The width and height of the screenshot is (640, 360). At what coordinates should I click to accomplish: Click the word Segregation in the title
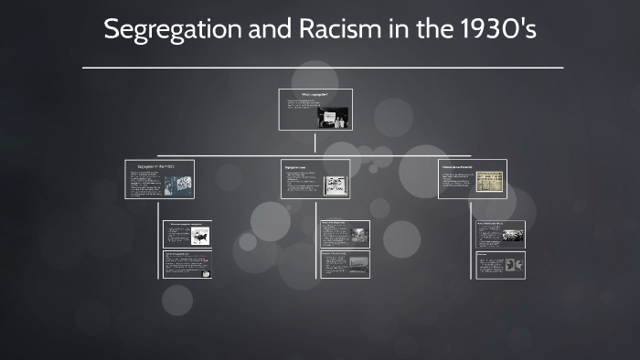[173, 29]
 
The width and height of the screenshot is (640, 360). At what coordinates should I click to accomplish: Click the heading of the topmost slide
[315, 94]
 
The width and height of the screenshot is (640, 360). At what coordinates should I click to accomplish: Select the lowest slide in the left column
[187, 265]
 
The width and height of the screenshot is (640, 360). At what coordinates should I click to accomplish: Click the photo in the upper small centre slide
[357, 236]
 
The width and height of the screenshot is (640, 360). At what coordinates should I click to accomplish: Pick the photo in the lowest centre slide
[357, 264]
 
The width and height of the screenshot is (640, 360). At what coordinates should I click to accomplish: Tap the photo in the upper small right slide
[512, 236]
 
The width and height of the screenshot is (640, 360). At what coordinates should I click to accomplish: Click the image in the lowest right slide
[514, 265]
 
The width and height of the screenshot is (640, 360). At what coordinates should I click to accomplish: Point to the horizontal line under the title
[323, 68]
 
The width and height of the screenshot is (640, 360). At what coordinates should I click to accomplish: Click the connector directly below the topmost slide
[315, 143]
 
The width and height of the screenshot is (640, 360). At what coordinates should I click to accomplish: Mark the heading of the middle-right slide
[464, 166]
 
